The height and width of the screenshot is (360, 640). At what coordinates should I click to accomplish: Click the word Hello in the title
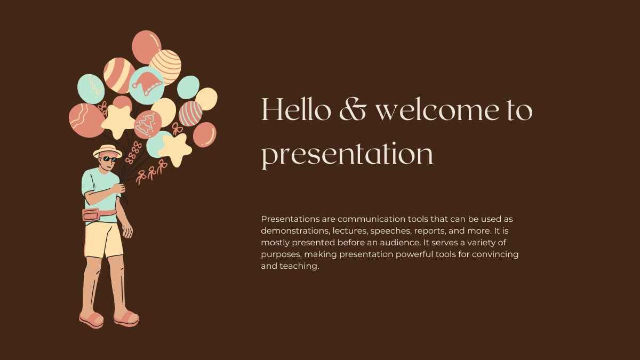click(297, 109)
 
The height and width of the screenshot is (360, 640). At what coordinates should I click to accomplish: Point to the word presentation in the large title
click(347, 155)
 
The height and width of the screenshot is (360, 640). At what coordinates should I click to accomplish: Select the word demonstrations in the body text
click(295, 231)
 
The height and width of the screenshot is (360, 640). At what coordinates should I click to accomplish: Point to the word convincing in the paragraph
click(495, 254)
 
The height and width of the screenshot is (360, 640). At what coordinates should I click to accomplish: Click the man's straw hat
click(107, 151)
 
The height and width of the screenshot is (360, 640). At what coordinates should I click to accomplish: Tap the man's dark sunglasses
click(110, 159)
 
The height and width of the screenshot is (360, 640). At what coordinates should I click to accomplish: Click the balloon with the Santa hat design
click(147, 85)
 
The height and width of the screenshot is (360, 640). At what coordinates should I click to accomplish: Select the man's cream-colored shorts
click(104, 241)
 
